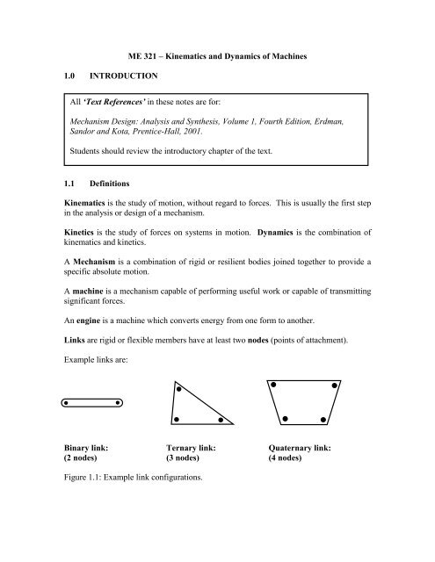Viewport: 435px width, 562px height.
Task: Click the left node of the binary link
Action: click(69, 404)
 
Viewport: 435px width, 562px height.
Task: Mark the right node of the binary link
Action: click(120, 404)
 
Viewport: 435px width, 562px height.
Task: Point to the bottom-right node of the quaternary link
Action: click(323, 420)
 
